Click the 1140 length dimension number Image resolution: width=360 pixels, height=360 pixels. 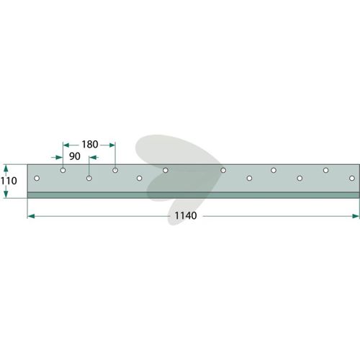point(186,215)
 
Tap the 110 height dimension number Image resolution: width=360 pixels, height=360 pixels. point(9,181)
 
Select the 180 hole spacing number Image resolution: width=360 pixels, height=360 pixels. point(90,144)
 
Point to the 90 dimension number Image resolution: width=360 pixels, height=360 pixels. point(75,156)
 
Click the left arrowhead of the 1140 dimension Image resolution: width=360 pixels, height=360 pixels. point(31,216)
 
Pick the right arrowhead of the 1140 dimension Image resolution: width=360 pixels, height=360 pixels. point(356,216)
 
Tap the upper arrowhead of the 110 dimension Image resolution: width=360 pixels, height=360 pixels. point(6,168)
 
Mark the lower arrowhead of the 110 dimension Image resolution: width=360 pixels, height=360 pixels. point(6,194)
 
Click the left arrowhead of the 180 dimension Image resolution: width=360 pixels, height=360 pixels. point(66,145)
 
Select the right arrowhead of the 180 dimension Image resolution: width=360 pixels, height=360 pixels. point(112,145)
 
